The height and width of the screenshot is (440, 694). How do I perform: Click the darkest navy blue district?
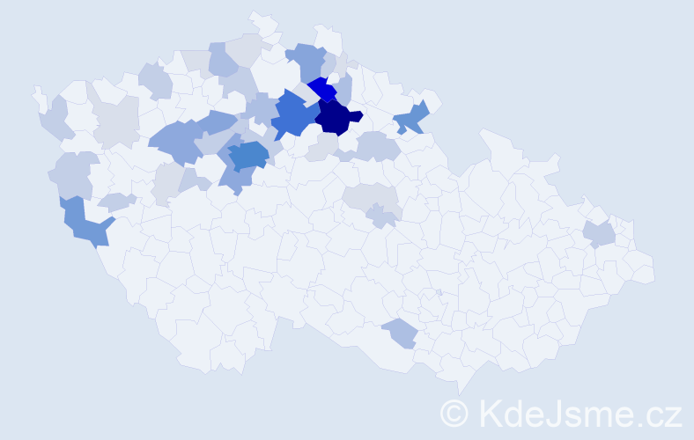pyautogui.click(x=336, y=116)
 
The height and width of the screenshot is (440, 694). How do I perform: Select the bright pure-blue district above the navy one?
pyautogui.click(x=323, y=90)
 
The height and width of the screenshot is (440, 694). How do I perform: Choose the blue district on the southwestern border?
pyautogui.click(x=84, y=223)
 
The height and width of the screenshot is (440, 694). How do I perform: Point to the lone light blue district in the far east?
pyautogui.click(x=599, y=234)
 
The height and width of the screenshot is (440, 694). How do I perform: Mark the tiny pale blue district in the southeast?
pyautogui.click(x=439, y=292)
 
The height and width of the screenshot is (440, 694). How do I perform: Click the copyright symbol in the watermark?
pyautogui.click(x=454, y=412)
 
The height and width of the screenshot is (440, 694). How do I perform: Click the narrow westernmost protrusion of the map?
pyautogui.click(x=38, y=92)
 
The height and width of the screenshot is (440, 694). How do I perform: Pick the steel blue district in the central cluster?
pyautogui.click(x=247, y=154)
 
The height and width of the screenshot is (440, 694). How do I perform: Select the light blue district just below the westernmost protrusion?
pyautogui.click(x=55, y=119)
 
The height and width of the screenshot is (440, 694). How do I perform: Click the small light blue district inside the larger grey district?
pyautogui.click(x=381, y=214)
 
